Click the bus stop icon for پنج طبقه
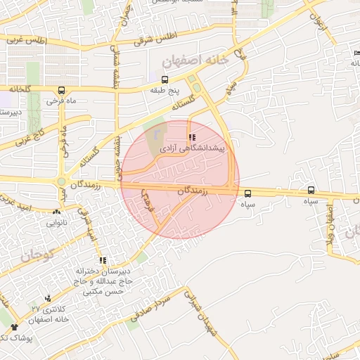[165, 79]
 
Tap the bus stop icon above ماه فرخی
[62, 90]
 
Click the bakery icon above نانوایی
[56, 212]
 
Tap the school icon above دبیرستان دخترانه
[103, 260]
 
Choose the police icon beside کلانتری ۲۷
[48, 298]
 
